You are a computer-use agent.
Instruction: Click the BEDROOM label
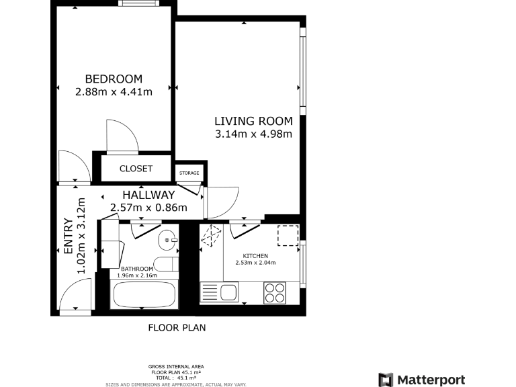click(114, 79)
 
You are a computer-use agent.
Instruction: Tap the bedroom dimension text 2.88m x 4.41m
click(114, 91)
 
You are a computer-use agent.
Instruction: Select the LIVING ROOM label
click(253, 121)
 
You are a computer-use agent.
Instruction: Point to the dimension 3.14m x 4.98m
click(253, 134)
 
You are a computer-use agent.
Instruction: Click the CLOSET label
click(136, 169)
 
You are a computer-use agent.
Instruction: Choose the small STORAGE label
click(189, 173)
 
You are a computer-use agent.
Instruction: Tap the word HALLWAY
click(148, 195)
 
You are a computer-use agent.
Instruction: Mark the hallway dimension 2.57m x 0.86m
click(148, 208)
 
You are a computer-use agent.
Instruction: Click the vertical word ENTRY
click(68, 236)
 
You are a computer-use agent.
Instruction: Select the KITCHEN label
click(255, 256)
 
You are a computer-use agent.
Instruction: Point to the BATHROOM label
click(136, 269)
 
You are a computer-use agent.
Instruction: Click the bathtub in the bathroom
click(144, 295)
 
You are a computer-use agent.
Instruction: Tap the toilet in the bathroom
click(165, 263)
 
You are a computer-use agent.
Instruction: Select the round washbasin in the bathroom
click(167, 240)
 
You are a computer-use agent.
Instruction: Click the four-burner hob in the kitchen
click(274, 293)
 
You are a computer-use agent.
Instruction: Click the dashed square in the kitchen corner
click(288, 236)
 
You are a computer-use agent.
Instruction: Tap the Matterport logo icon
click(385, 380)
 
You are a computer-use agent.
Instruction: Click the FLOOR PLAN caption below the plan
click(177, 328)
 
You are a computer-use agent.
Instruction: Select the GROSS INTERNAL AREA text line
click(176, 366)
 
